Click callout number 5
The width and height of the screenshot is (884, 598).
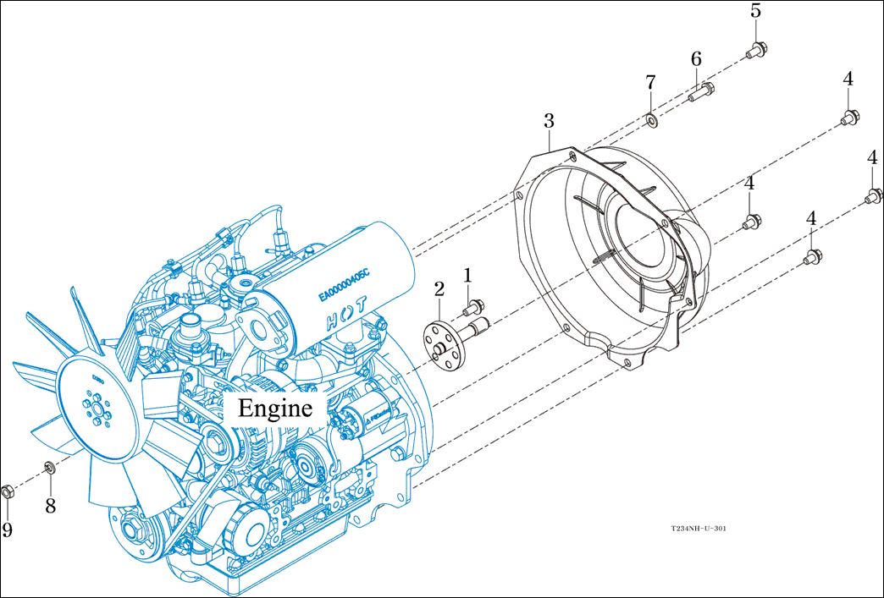[755, 12]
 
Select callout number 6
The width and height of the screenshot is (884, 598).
[696, 59]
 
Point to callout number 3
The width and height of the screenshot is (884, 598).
[549, 121]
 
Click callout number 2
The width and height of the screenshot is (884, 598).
[439, 289]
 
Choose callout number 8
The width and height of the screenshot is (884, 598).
[50, 506]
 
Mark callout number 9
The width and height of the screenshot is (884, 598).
[8, 529]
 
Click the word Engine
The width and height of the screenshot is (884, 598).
[275, 409]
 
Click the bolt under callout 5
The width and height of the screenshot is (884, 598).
[756, 50]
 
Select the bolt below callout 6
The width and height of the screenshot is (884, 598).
[700, 92]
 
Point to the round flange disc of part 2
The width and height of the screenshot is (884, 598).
[441, 343]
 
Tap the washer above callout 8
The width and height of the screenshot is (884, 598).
[49, 467]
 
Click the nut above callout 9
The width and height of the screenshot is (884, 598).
[8, 491]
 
